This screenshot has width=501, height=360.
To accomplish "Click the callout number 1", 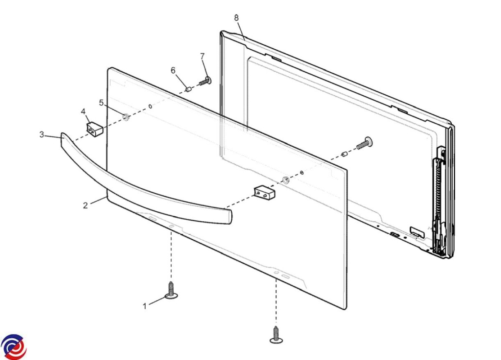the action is coord(144,306).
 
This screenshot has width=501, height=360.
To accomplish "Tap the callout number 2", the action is coord(85,205).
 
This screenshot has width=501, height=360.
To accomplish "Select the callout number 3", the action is coord(42,134).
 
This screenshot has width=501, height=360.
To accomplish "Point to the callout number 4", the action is coord(83,111).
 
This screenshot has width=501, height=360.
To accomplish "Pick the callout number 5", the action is coord(101,103).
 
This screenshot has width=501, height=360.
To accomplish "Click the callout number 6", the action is coord(173,70).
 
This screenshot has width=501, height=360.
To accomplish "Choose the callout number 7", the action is coord(202,56).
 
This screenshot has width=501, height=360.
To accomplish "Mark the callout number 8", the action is coord(236,18).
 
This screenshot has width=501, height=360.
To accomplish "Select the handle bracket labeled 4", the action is coord(94,129).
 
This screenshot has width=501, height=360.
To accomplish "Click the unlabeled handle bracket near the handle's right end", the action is coord(265,193).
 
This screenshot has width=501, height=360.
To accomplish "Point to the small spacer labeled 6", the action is coord(188,89).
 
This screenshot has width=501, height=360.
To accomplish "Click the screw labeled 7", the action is coord(205,81).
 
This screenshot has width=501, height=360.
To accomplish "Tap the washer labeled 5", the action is coord(126,117).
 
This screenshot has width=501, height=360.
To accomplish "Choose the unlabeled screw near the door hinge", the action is coord(364,143).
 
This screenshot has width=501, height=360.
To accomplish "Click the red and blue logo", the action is coord(14,347).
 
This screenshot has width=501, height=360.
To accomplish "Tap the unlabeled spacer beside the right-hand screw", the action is coord(344,154).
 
